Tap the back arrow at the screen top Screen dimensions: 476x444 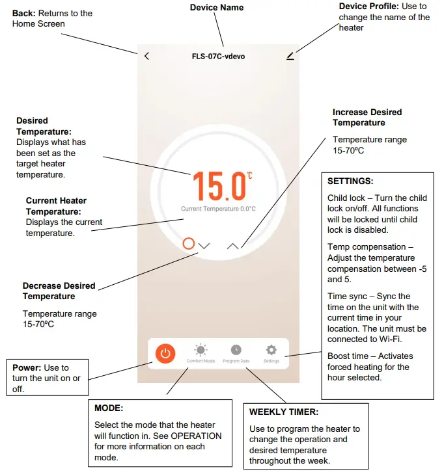(x=146, y=56)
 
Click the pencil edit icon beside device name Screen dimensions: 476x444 (x=290, y=56)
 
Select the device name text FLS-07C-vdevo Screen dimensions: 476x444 (x=218, y=57)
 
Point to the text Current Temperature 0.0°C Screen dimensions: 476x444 (x=218, y=209)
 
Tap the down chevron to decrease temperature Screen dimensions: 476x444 (x=204, y=246)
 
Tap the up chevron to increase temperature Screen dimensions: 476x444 (x=233, y=246)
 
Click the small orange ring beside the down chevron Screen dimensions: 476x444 (x=189, y=244)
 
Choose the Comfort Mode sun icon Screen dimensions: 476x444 (x=201, y=350)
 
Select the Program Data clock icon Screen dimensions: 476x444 (x=236, y=350)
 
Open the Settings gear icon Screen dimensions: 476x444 (x=271, y=350)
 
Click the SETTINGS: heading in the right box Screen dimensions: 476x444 (x=350, y=181)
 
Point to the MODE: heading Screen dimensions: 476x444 (x=108, y=408)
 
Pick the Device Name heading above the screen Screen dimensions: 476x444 (x=217, y=8)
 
